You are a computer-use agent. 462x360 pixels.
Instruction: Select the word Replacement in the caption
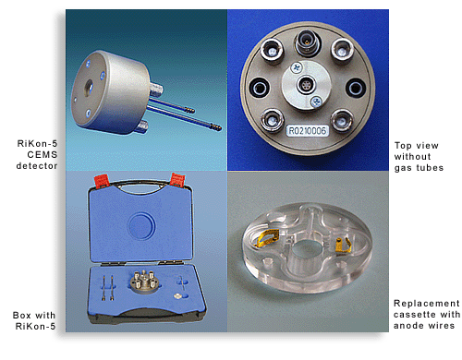(x=426, y=304)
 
